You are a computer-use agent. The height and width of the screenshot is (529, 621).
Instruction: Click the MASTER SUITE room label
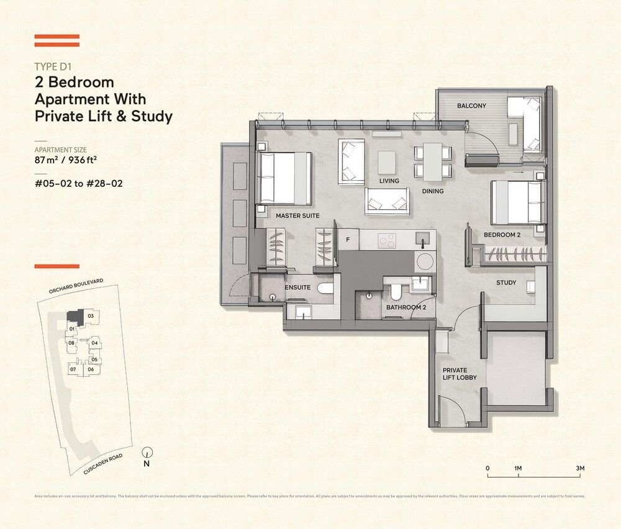[297, 215]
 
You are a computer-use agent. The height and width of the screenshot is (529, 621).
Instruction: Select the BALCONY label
[471, 106]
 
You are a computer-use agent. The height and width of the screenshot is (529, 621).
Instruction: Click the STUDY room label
[506, 283]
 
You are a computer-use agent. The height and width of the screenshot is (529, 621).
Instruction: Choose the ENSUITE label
[297, 288]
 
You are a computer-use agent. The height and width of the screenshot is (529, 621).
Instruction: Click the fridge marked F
[348, 238]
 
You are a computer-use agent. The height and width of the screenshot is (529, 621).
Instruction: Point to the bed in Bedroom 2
[518, 202]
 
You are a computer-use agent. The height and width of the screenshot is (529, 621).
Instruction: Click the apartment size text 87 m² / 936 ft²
[69, 160]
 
